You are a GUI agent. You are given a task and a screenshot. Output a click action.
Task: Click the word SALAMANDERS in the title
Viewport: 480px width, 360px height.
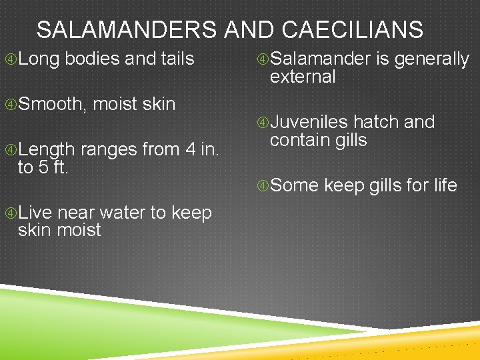(x=127, y=30)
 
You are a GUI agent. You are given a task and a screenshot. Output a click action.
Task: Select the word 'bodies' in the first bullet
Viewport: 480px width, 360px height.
(x=93, y=59)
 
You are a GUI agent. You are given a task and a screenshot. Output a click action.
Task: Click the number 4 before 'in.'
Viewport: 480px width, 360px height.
(x=191, y=150)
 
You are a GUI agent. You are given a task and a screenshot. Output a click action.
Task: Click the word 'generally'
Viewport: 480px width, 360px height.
(x=432, y=60)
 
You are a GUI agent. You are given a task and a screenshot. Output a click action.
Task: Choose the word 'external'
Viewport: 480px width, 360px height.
(x=303, y=77)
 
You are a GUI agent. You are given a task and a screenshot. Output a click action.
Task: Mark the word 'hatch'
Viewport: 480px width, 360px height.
(x=376, y=123)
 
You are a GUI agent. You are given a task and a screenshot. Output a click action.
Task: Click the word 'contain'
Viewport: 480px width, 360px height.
(x=301, y=140)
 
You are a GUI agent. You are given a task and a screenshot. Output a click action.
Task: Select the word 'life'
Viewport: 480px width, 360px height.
(x=445, y=185)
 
